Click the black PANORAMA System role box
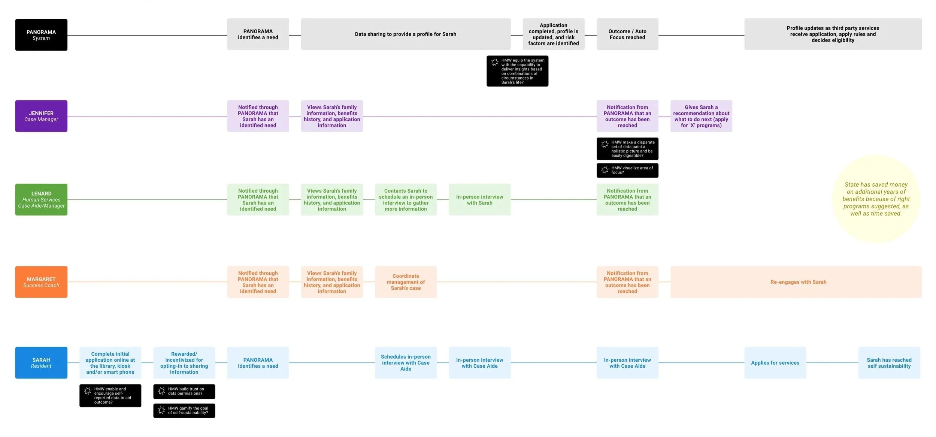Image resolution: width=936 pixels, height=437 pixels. pyautogui.click(x=41, y=35)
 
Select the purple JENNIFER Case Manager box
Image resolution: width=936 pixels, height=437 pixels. pyautogui.click(x=41, y=116)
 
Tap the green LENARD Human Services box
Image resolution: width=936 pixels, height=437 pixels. pyautogui.click(x=41, y=199)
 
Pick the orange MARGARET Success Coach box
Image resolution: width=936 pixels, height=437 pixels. pyautogui.click(x=41, y=282)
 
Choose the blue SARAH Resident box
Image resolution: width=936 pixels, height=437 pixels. pyautogui.click(x=41, y=362)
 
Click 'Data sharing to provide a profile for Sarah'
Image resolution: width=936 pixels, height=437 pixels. pyautogui.click(x=405, y=34)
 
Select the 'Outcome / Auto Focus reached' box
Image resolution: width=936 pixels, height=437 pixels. pyautogui.click(x=627, y=34)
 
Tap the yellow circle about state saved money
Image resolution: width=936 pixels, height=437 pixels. pyautogui.click(x=876, y=199)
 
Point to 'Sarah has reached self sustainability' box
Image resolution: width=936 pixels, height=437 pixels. pyautogui.click(x=889, y=362)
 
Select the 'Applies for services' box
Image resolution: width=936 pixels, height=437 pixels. pyautogui.click(x=775, y=362)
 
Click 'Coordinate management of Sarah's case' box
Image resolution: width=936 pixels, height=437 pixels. pyautogui.click(x=406, y=282)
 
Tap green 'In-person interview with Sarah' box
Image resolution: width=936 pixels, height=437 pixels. pyautogui.click(x=479, y=199)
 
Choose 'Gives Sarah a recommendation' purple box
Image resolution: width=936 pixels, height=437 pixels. pyautogui.click(x=701, y=116)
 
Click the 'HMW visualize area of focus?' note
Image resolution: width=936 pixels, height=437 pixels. pyautogui.click(x=627, y=170)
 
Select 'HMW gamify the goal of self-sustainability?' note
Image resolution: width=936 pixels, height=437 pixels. pyautogui.click(x=184, y=410)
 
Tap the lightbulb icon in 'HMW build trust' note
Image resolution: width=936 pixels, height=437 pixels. pyautogui.click(x=161, y=391)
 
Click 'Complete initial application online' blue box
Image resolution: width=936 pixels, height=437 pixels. pyautogui.click(x=110, y=362)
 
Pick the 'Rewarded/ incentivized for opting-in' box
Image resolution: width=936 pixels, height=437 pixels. pyautogui.click(x=184, y=362)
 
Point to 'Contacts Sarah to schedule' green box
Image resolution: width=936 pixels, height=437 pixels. pyautogui.click(x=406, y=199)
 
